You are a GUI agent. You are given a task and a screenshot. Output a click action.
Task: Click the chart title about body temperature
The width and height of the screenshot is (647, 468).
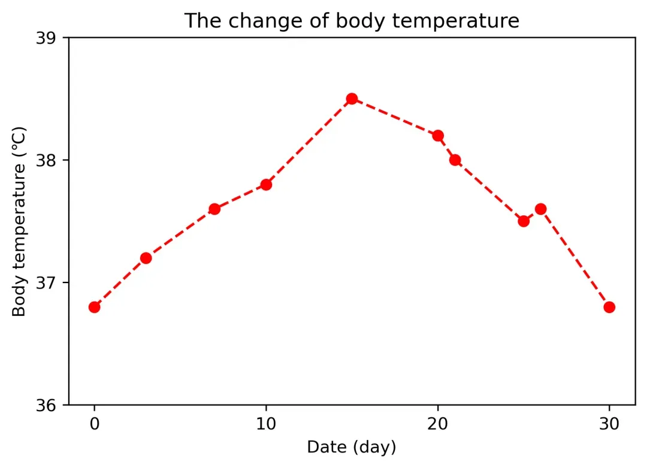coord(352,20)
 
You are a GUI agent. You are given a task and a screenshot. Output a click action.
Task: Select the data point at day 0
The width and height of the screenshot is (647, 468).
coord(95,307)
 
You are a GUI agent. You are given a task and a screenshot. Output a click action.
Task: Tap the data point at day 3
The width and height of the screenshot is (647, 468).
coord(146,258)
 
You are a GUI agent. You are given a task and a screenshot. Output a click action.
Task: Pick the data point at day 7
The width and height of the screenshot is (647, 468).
coord(214,209)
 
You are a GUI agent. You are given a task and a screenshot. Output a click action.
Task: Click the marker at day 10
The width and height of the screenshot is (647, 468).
coord(266,185)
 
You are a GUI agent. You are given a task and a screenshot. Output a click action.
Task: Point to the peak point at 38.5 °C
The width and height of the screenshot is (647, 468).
coord(352,99)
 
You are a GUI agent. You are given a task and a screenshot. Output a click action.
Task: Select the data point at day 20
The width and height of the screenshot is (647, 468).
coord(438,136)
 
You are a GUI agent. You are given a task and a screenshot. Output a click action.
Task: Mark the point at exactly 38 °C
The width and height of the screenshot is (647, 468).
coord(455,160)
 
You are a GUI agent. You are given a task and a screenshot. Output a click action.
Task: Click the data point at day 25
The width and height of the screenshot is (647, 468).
coord(524,221)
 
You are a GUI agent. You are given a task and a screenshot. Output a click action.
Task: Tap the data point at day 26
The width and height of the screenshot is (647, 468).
coord(540,209)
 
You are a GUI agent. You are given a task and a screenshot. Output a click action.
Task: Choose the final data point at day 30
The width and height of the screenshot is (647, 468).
coord(609,307)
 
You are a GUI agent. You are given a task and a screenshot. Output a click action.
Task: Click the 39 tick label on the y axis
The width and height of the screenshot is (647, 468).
coord(46,38)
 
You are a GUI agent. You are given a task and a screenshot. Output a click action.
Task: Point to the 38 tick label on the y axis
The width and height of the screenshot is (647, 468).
coord(46,160)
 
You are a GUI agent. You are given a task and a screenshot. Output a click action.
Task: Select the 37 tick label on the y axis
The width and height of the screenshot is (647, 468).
coord(46,283)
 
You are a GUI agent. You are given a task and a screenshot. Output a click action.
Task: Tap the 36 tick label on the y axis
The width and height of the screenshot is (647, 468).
coord(46,405)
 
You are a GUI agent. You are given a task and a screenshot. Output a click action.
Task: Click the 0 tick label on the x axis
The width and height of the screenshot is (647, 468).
coord(95,424)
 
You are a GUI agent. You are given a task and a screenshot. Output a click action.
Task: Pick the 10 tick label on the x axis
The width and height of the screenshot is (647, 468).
coord(266,424)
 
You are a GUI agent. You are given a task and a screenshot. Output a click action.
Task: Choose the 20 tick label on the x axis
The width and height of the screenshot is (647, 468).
coord(438,424)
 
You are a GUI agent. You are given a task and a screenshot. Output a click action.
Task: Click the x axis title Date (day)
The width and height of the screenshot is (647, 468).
coord(352,448)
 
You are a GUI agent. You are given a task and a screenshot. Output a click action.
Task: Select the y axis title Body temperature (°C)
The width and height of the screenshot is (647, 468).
coord(19,221)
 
